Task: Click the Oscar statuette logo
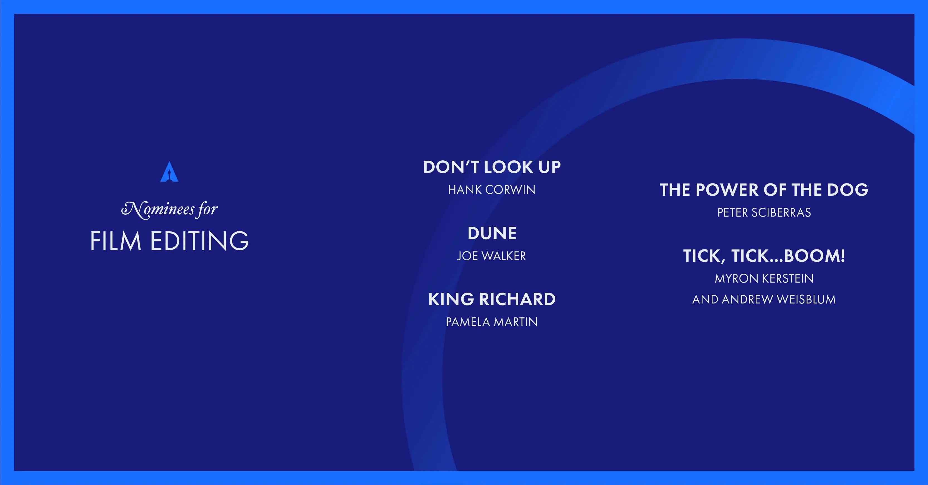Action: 169,172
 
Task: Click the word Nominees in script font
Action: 157,210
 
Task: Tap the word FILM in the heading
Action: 115,241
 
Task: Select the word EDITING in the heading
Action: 199,241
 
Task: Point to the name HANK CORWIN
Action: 492,190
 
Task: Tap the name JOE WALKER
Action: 491,256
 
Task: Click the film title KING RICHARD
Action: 492,299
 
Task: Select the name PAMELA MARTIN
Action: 492,322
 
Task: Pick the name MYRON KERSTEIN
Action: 764,278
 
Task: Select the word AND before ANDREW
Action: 705,299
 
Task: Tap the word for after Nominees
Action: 207,210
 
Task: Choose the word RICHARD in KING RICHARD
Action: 517,299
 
